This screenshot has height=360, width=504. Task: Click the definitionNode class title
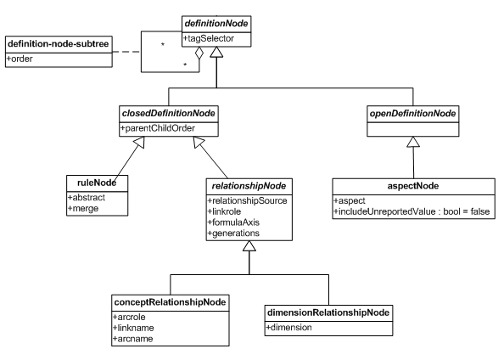tap(216, 24)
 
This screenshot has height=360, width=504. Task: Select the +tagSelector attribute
tap(209, 38)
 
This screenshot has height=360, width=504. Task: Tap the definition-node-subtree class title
tap(59, 44)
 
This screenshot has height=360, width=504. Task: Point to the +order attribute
tap(20, 59)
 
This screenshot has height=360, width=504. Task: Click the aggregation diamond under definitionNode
tap(199, 53)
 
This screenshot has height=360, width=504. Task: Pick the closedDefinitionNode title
tap(169, 113)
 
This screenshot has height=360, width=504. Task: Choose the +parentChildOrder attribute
tap(158, 128)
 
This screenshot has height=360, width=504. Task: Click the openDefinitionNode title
tap(412, 113)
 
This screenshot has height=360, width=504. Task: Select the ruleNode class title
tap(97, 183)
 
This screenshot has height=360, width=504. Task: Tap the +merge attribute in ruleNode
tap(83, 209)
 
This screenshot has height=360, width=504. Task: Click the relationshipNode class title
tap(249, 186)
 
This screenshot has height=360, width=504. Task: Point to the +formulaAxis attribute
tap(233, 222)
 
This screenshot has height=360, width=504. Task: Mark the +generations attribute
tap(233, 233)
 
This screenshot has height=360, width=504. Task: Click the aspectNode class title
tap(413, 186)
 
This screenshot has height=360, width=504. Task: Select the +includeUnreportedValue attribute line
tap(412, 211)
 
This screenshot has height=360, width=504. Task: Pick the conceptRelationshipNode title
tap(170, 302)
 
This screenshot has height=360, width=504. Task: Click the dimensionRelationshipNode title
tap(328, 312)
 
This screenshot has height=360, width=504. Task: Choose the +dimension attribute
tap(289, 328)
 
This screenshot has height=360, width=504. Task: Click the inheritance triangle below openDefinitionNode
tap(413, 142)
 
